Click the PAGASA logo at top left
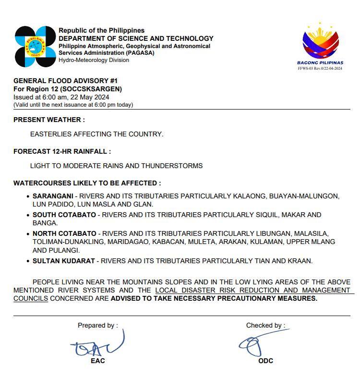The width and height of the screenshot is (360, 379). pos(35,46)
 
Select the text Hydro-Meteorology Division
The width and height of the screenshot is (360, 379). pos(94,60)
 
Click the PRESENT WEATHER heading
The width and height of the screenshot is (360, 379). pos(49,120)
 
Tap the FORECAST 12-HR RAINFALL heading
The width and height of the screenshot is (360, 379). pos(62,151)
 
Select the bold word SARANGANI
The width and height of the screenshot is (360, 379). pos(53,196)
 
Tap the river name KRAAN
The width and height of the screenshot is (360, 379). pos(301,261)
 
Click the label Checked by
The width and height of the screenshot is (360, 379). pos(265,325)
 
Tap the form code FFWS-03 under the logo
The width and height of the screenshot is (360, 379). pos(308,68)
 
